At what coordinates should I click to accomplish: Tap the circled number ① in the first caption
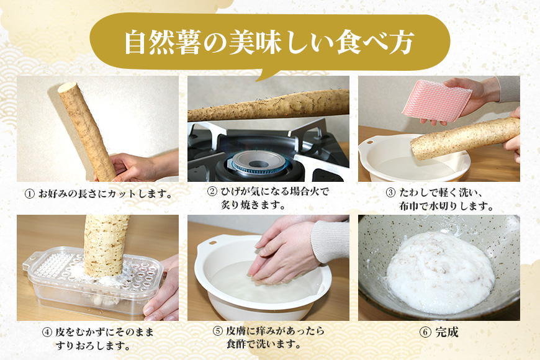[x=29, y=194]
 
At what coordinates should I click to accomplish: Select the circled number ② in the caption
[x=212, y=192]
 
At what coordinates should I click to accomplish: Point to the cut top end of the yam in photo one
[x=66, y=88]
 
